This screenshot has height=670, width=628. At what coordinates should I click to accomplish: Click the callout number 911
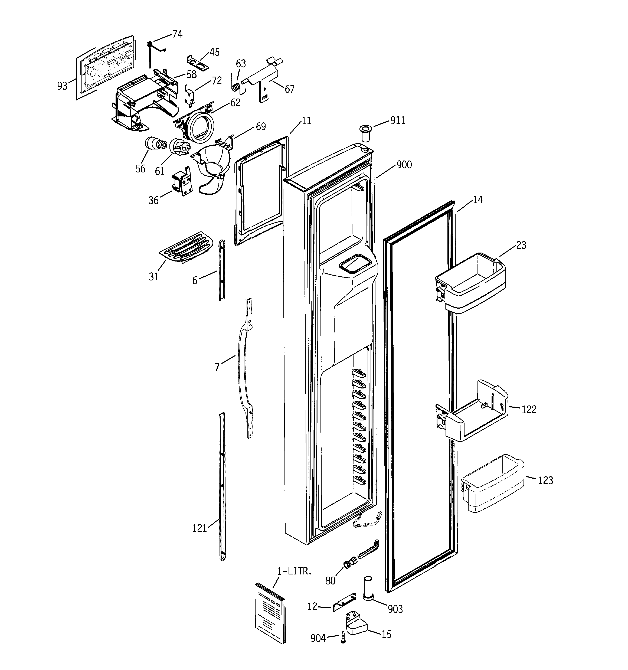click(397, 120)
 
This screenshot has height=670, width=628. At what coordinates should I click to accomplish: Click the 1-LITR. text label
click(295, 571)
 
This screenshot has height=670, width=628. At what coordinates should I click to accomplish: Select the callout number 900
click(404, 165)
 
